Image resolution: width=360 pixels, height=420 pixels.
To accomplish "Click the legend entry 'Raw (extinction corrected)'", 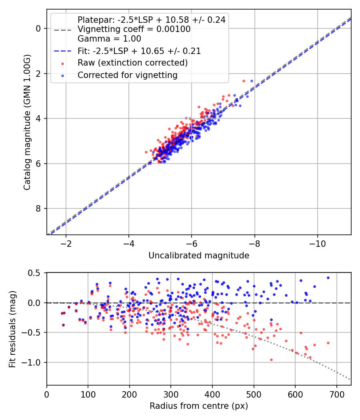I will coord(132,63).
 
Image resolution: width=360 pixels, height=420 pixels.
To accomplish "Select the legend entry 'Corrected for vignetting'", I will coord(127,75).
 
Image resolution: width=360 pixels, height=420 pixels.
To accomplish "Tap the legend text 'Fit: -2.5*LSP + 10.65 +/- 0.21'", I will coord(139,51).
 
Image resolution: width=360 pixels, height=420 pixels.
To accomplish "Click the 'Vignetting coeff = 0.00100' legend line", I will coord(134,29).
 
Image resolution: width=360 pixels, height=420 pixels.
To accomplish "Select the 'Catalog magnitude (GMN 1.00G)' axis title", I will coord(27,122).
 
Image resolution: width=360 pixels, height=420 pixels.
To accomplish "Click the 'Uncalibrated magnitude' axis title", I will coord(199,256).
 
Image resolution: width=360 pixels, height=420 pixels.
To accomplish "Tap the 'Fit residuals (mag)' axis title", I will coord(12,329).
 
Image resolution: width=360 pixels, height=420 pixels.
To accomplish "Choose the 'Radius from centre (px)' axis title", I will coord(199,406).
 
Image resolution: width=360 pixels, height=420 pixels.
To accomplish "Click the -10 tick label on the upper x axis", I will coord(318,244).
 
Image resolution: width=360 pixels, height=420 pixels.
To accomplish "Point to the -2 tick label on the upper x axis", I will coord(66,244).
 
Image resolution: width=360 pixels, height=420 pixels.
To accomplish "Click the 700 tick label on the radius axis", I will coord(336,394).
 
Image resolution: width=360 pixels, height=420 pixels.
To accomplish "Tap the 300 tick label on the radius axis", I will coord(171,394).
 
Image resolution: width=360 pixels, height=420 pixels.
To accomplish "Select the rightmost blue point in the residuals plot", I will coord(328,278).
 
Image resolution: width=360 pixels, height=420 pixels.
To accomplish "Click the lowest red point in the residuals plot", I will coord(271,360).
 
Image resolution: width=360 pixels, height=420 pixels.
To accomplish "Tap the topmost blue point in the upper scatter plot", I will coord(252,81).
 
